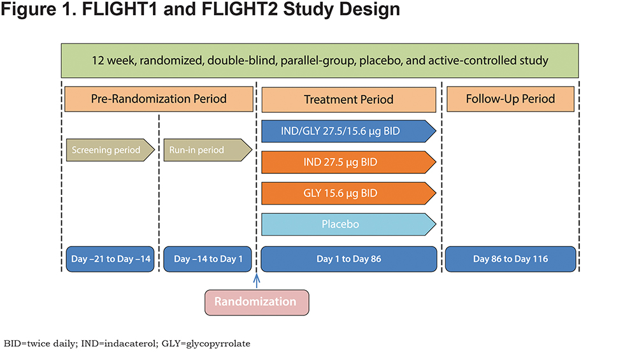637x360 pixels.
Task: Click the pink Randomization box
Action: pyautogui.click(x=257, y=302)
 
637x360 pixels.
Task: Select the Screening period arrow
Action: pyautogui.click(x=110, y=150)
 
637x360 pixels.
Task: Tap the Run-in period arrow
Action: pyautogui.click(x=208, y=150)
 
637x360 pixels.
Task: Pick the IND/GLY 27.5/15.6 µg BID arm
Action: pyautogui.click(x=348, y=131)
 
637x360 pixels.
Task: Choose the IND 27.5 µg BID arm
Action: pyautogui.click(x=348, y=162)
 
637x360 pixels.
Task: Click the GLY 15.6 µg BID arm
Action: pyautogui.click(x=348, y=193)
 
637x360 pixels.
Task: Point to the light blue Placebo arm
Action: pyautogui.click(x=348, y=224)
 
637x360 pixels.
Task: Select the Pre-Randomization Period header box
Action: pyautogui.click(x=159, y=99)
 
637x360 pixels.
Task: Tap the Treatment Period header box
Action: pyautogui.click(x=348, y=99)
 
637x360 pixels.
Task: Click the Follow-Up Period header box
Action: pyautogui.click(x=511, y=99)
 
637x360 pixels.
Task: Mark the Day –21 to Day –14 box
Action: pyautogui.click(x=110, y=259)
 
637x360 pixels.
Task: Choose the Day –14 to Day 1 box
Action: pyautogui.click(x=208, y=259)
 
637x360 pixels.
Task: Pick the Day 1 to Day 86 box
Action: pyautogui.click(x=349, y=259)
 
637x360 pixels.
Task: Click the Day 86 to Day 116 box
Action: pyautogui.click(x=511, y=259)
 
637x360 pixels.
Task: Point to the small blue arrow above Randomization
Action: pyautogui.click(x=256, y=281)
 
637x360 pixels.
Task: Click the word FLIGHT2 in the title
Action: pyautogui.click(x=240, y=9)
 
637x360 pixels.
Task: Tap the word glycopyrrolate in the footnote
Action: pyautogui.click(x=218, y=343)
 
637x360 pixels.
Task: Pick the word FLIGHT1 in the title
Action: pyautogui.click(x=120, y=9)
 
